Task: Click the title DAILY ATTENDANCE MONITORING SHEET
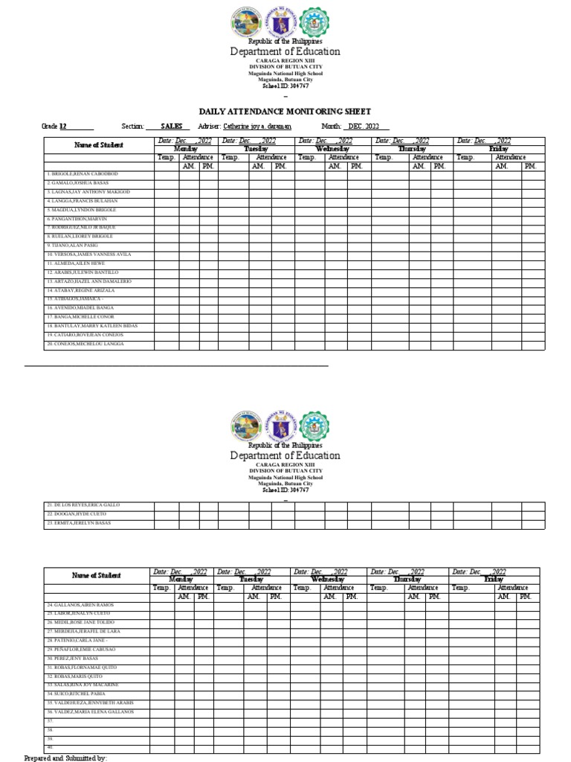(x=285, y=111)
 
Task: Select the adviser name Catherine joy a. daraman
(x=256, y=127)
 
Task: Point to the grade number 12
(x=63, y=127)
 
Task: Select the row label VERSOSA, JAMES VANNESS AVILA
(x=88, y=254)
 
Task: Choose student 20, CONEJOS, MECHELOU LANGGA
(x=85, y=344)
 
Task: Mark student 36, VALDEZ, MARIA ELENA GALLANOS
(x=90, y=712)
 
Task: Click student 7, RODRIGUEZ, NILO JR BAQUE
(x=81, y=228)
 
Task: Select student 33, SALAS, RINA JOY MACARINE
(x=83, y=685)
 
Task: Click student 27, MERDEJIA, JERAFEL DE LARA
(x=83, y=631)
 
